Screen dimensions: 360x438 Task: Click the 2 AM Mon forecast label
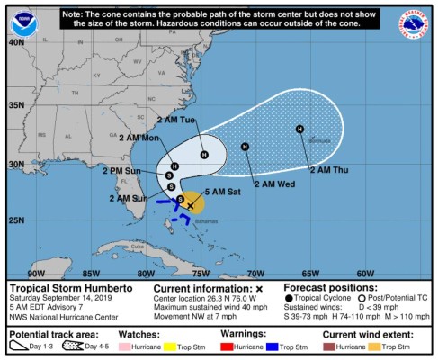(x=139, y=138)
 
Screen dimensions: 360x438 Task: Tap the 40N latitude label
(x=16, y=41)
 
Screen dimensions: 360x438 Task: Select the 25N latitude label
(x=16, y=220)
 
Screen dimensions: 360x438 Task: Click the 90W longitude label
(x=37, y=273)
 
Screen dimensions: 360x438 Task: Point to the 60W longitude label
(x=365, y=273)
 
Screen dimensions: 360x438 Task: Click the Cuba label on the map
(x=137, y=247)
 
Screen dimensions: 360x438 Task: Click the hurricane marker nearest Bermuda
(x=300, y=129)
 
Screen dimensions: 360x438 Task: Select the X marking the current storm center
(x=190, y=206)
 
